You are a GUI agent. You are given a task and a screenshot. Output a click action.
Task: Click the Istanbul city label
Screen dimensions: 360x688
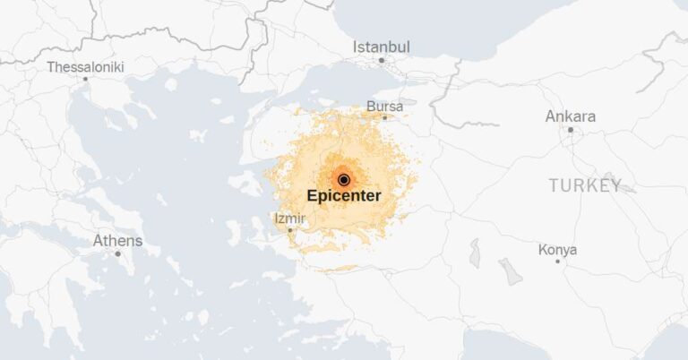381,47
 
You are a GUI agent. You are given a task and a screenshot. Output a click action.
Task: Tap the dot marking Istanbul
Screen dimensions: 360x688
381,61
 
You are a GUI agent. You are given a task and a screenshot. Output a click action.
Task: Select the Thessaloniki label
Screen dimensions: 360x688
85,67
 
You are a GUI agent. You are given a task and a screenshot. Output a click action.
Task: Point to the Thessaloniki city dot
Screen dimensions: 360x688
86,79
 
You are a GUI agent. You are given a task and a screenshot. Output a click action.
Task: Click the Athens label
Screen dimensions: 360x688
117,241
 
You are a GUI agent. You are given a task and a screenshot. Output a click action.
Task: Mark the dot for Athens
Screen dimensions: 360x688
117,253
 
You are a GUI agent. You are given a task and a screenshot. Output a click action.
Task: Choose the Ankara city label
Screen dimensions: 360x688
571,116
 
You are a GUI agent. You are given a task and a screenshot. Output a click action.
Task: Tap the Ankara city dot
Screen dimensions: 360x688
571,130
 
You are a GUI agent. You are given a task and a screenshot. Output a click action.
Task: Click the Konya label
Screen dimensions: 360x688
557,250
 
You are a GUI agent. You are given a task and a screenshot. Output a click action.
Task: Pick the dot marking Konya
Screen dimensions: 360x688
557,261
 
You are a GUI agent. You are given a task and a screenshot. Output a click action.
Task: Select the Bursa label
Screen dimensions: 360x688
385,107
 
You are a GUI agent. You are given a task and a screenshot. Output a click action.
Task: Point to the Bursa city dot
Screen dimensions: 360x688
385,117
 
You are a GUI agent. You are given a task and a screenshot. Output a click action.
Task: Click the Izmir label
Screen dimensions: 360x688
288,219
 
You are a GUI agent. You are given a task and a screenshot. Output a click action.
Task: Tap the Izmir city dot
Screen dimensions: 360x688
289,230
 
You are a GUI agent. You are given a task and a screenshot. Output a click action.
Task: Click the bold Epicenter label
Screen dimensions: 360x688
344,194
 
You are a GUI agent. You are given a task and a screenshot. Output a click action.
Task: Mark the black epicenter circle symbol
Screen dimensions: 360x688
343,179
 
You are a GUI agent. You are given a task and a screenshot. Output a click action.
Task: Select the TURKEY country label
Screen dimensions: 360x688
585,185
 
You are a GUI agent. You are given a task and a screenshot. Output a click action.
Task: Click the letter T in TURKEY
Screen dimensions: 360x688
554,185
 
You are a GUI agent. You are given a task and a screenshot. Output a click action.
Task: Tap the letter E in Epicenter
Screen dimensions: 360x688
312,194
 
